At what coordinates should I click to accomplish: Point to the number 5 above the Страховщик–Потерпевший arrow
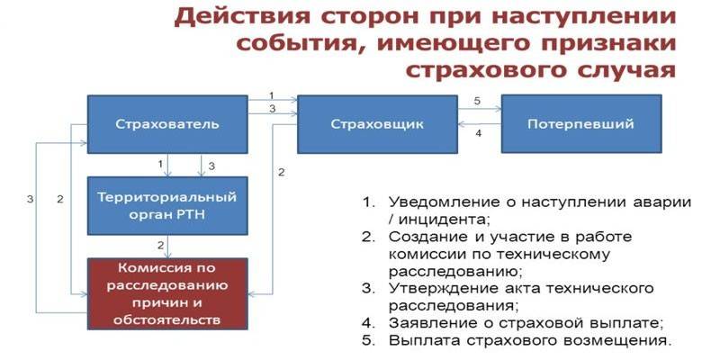477,100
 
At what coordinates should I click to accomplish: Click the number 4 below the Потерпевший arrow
478,134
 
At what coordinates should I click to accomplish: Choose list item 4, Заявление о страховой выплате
526,323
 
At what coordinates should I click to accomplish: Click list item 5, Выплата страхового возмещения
530,341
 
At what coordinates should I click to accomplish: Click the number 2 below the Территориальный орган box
160,245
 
